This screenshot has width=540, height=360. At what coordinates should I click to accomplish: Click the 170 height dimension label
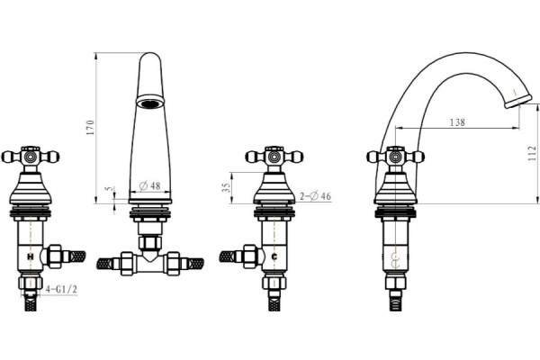click(90, 128)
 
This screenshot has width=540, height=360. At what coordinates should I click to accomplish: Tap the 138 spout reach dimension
click(457, 122)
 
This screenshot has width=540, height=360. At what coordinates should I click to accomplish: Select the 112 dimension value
click(532, 153)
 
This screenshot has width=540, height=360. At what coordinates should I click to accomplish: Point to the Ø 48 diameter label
click(150, 186)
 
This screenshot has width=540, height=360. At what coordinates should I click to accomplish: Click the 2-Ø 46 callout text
click(315, 196)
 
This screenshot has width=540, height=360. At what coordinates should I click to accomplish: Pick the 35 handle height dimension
click(226, 188)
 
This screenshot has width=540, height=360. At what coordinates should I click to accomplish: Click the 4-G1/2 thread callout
click(61, 290)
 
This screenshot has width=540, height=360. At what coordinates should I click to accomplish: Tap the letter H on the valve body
click(31, 256)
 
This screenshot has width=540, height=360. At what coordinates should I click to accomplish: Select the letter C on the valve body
click(274, 256)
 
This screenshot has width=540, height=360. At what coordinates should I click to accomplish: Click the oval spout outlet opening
click(150, 103)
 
